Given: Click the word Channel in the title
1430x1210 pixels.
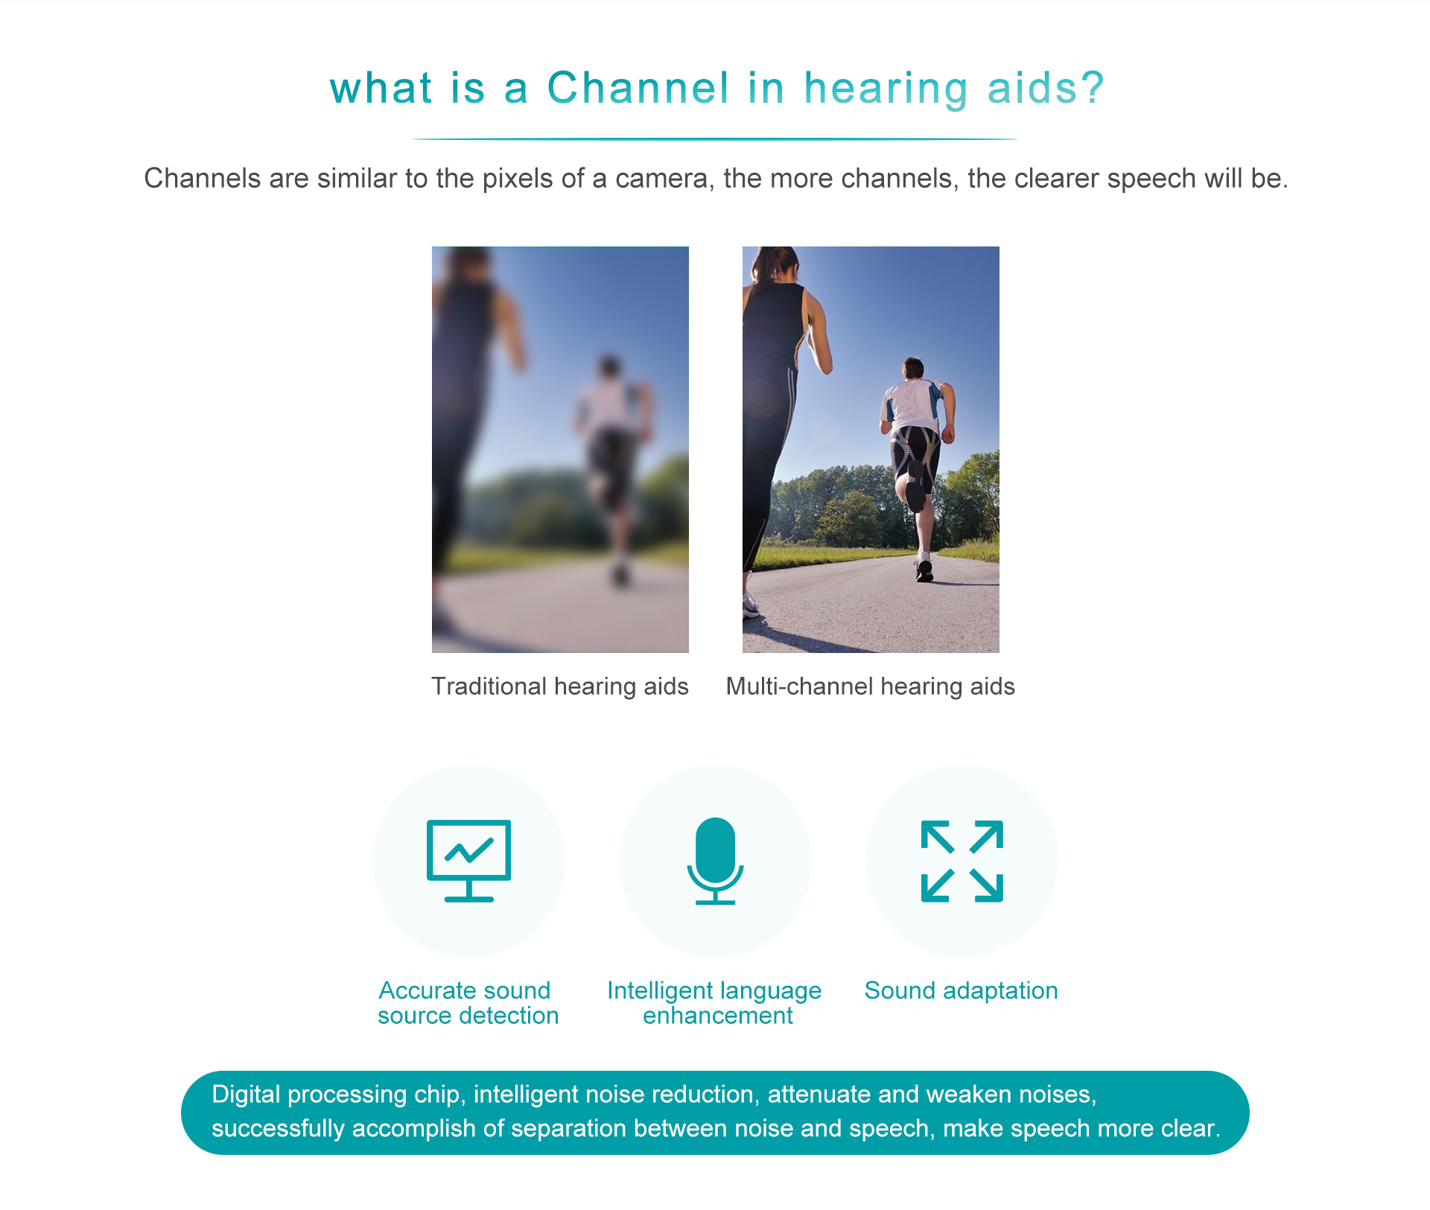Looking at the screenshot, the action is pyautogui.click(x=638, y=88).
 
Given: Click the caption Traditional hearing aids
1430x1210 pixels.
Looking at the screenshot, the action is pyautogui.click(x=560, y=687).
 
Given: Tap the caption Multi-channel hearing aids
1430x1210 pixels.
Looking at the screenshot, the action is pyautogui.click(x=871, y=687).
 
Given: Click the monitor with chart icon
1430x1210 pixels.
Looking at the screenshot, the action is pyautogui.click(x=469, y=861).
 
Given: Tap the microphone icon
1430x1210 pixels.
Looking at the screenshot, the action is pyautogui.click(x=715, y=861).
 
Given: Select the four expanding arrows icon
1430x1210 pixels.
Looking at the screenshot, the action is pyautogui.click(x=962, y=861).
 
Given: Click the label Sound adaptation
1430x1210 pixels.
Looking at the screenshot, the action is pyautogui.click(x=962, y=991).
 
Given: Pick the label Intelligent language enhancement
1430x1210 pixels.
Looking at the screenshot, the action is pyautogui.click(x=714, y=1003).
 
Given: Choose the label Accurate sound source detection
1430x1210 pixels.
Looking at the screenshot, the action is pyautogui.click(x=468, y=1003).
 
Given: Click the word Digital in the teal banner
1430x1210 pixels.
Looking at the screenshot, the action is pyautogui.click(x=246, y=1095).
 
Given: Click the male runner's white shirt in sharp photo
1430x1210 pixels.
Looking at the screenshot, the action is pyautogui.click(x=912, y=406).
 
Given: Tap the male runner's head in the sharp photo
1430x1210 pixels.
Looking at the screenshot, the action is pyautogui.click(x=913, y=368).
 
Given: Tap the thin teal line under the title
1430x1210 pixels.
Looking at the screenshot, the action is pyautogui.click(x=715, y=139).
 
